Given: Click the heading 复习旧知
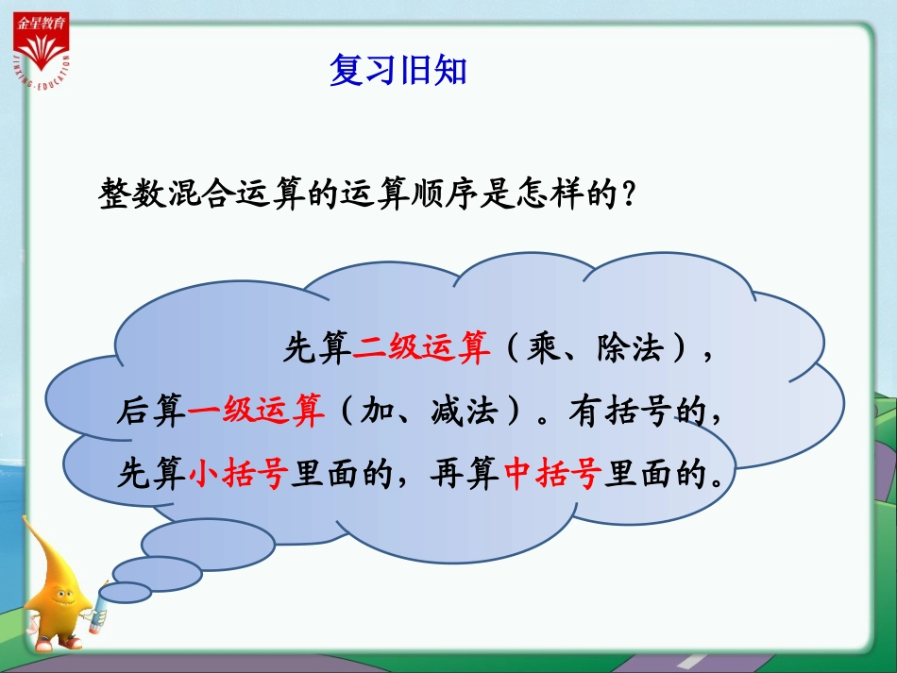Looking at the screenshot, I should coord(398,71).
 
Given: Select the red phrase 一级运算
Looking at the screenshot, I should coord(257,412).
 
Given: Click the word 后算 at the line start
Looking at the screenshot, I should coord(151,412).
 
